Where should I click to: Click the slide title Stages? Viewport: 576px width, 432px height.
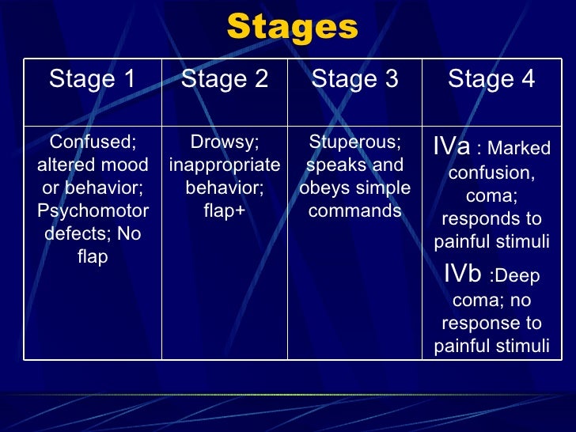click(x=292, y=28)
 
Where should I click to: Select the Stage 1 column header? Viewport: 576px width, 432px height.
click(x=93, y=79)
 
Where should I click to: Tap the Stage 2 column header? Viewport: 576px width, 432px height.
click(x=225, y=79)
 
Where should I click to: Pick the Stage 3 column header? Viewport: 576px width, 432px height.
click(x=354, y=79)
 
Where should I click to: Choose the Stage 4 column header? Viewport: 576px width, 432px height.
click(x=491, y=79)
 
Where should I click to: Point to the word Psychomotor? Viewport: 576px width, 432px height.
click(x=93, y=212)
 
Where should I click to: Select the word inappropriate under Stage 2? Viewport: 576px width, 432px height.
click(x=225, y=165)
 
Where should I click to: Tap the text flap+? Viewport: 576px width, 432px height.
click(x=225, y=212)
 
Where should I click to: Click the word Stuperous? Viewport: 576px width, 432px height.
click(x=354, y=142)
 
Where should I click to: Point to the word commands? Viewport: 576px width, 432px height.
click(x=354, y=212)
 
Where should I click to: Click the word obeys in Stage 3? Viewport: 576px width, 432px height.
click(x=322, y=189)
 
